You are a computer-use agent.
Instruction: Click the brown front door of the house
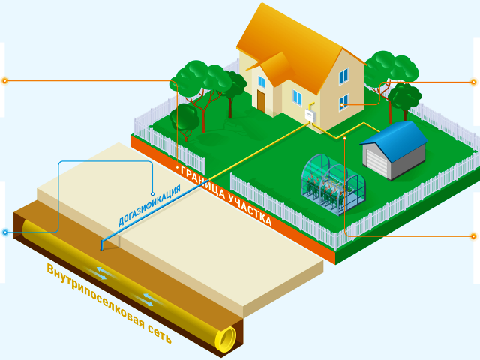[x=261, y=100]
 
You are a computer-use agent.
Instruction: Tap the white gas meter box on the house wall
[x=308, y=115]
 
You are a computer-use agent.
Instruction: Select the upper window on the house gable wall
[x=344, y=76]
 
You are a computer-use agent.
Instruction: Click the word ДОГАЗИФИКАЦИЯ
[x=148, y=203]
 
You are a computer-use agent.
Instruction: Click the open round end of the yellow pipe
[x=226, y=339]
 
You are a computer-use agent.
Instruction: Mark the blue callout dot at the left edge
[x=5, y=232]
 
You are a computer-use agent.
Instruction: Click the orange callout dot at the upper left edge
[x=4, y=80]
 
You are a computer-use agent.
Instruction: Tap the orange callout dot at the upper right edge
[x=473, y=81]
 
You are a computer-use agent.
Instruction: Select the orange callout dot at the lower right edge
[x=473, y=236]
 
